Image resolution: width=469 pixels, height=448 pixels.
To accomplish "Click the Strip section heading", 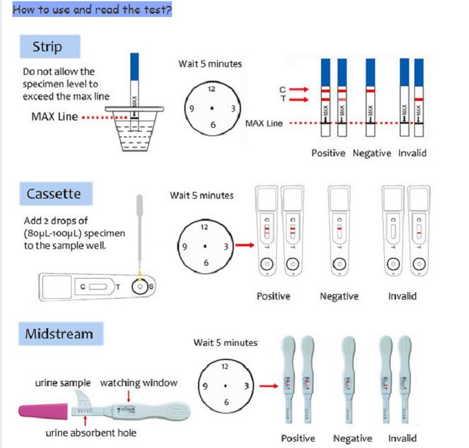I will pyautogui.click(x=48, y=47).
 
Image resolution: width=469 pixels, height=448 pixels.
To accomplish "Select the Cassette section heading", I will pyautogui.click(x=53, y=194).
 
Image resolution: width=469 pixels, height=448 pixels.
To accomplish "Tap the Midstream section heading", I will pyautogui.click(x=59, y=334).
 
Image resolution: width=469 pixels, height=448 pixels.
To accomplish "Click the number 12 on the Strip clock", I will pyautogui.click(x=211, y=88).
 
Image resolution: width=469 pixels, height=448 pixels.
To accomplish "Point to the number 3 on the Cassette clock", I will pyautogui.click(x=225, y=246).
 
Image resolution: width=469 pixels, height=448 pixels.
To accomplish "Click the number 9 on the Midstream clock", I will pyautogui.click(x=205, y=387).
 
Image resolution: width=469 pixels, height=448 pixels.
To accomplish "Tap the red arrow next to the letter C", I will pyautogui.click(x=300, y=89).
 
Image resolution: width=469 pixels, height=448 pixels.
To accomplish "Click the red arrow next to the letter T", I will pyautogui.click(x=300, y=99).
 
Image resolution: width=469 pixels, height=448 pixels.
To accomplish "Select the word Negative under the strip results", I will pyautogui.click(x=372, y=154).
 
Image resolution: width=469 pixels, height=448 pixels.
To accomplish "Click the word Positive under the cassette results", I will pyautogui.click(x=274, y=296).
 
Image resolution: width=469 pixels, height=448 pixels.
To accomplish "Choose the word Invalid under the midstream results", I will pyautogui.click(x=403, y=438).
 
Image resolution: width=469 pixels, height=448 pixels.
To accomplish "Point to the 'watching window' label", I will pyautogui.click(x=138, y=383).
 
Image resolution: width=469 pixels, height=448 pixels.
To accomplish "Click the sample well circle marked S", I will pyautogui.click(x=139, y=286).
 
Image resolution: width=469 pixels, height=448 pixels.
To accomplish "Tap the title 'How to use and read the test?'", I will pyautogui.click(x=92, y=10).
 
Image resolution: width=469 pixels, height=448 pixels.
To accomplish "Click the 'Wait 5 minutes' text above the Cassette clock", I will pyautogui.click(x=201, y=195).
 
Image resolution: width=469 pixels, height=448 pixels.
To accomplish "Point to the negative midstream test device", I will pyautogui.click(x=349, y=378).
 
